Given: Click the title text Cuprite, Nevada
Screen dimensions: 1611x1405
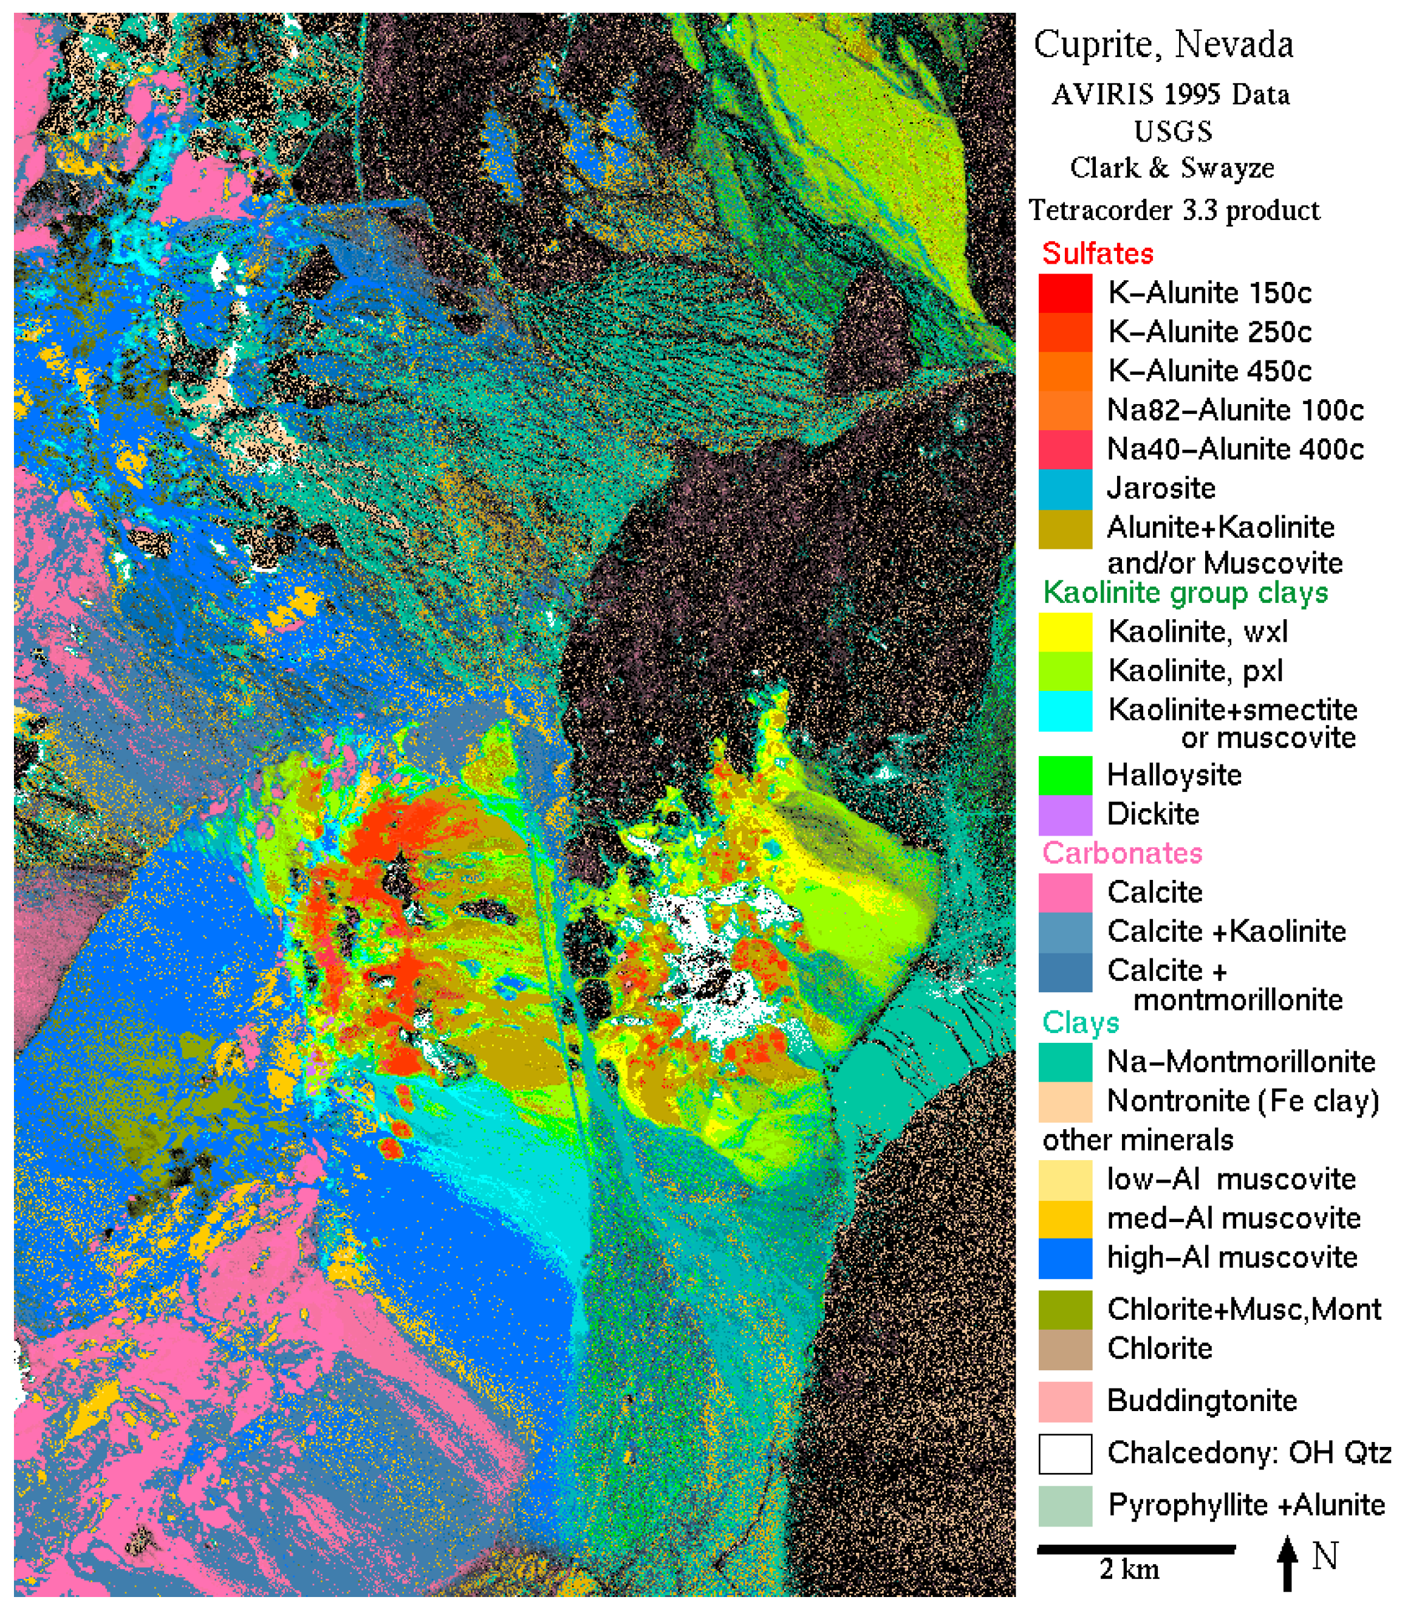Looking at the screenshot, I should click(1163, 45).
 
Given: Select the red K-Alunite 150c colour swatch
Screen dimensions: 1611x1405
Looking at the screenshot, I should click(1065, 292).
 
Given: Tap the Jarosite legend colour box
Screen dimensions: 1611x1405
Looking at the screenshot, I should click(1065, 488).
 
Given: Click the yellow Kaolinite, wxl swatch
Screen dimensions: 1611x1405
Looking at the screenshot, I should click(1065, 631).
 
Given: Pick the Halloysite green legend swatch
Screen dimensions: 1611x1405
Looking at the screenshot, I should click(1065, 775).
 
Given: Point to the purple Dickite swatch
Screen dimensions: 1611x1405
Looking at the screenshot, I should click(1065, 814).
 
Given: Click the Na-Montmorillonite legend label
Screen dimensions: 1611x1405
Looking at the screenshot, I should click(1240, 1061).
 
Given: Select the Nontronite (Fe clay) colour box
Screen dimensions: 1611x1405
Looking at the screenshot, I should click(1065, 1101).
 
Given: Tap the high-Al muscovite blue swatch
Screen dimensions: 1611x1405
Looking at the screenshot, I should click(1065, 1257).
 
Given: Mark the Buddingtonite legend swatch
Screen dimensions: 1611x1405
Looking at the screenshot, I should click(1065, 1401).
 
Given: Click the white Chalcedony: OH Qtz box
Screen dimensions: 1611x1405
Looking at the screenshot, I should click(1065, 1454).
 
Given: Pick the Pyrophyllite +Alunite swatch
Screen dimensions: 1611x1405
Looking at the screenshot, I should click(1065, 1505).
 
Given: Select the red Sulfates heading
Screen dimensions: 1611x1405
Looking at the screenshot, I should click(1098, 253).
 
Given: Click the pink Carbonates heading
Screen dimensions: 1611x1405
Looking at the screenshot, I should click(1122, 853).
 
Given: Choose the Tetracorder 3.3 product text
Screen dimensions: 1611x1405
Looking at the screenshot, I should click(1174, 210).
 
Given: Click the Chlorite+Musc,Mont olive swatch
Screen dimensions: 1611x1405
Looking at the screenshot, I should click(1065, 1309).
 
